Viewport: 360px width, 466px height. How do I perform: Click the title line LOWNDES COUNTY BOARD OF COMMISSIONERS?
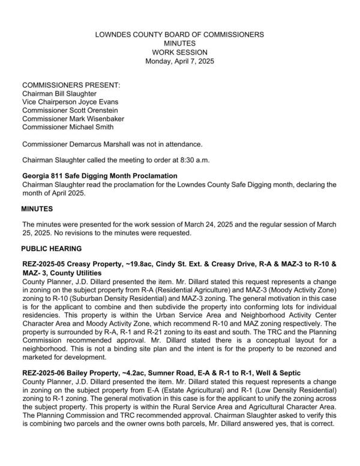179,35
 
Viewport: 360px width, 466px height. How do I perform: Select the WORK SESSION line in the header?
179,52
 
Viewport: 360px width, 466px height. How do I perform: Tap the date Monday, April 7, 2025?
179,61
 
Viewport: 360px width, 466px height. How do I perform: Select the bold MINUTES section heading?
38,209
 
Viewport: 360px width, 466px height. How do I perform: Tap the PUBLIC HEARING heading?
52,248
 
